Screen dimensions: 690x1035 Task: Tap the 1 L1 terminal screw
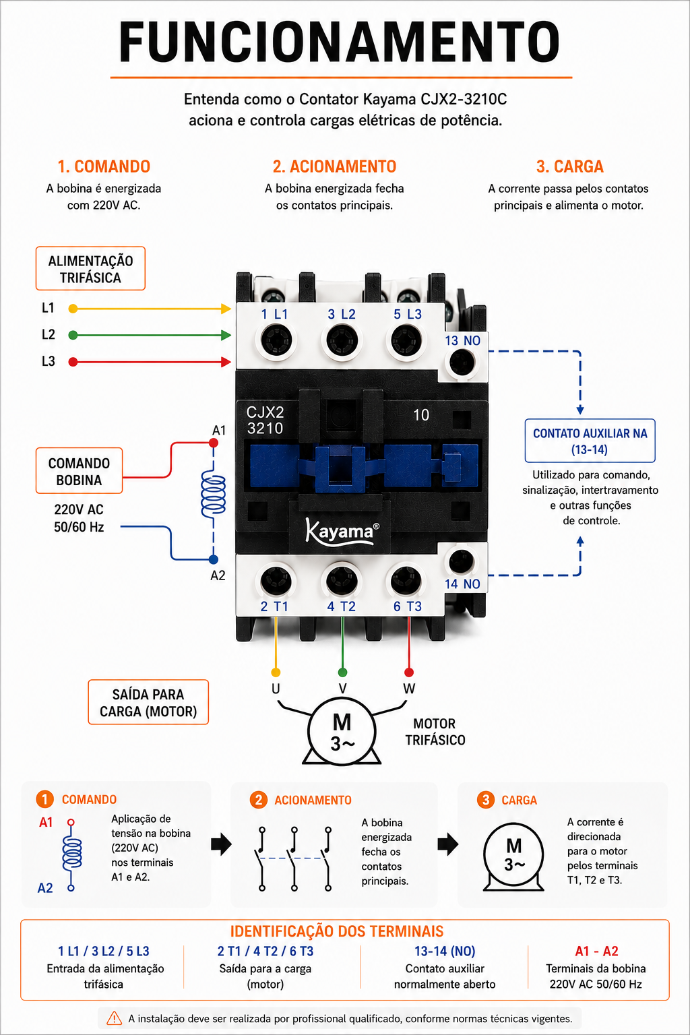[x=276, y=340]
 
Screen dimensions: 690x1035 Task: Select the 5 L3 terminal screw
[x=406, y=340]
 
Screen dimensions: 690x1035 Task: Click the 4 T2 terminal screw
[x=342, y=581]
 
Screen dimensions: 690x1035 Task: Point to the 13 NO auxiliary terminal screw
[x=462, y=362]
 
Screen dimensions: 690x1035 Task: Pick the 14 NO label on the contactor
[x=462, y=584]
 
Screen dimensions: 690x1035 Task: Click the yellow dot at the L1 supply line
[x=73, y=309]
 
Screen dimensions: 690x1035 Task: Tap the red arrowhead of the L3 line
[x=226, y=362]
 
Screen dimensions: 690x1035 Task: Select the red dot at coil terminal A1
[x=214, y=443]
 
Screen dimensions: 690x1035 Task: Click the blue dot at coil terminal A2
[x=214, y=559]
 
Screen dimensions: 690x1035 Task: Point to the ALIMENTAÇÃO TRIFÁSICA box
[x=90, y=268]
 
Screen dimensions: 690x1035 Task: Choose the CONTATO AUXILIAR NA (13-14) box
[x=590, y=441]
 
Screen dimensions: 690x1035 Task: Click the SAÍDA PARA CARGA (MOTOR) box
[x=148, y=702]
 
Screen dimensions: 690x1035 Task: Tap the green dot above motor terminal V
[x=342, y=672]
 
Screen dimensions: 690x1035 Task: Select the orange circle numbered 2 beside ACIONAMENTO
[x=258, y=800]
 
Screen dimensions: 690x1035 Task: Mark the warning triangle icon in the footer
[x=114, y=1018]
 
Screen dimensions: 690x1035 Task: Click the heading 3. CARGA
[x=570, y=166]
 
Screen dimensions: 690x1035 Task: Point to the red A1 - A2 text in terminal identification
[x=596, y=951]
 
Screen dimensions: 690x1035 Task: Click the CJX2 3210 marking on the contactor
[x=265, y=420]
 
